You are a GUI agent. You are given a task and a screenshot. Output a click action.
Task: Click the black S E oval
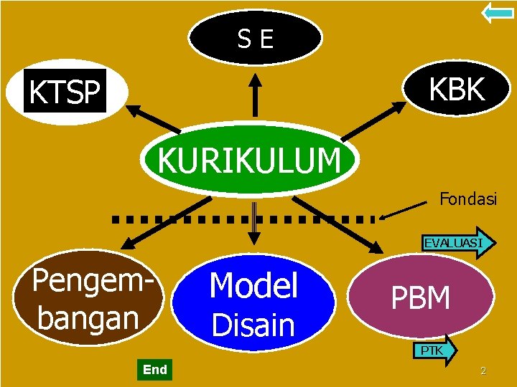pos(256,38)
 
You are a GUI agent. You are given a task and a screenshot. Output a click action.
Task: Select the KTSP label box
pos(65,92)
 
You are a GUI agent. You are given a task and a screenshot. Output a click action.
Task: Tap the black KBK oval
pos(457,90)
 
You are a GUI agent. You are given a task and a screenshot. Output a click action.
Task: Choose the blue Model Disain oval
pos(253,305)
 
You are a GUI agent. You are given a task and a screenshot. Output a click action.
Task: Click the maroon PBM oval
pos(421,297)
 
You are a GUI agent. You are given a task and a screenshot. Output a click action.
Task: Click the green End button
pos(154,370)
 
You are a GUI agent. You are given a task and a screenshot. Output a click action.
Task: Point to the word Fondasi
pos(467,199)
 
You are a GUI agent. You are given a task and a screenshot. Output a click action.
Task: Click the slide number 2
pos(483,371)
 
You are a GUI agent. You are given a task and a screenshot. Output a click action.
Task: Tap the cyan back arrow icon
pos(497,12)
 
